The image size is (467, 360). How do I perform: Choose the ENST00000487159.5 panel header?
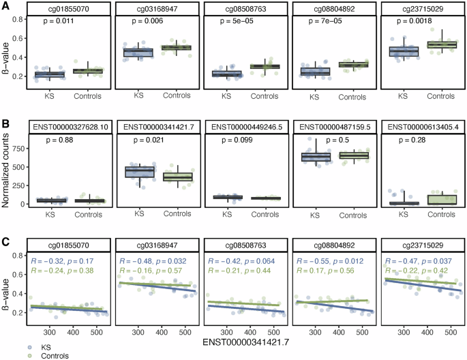click(x=331, y=127)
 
